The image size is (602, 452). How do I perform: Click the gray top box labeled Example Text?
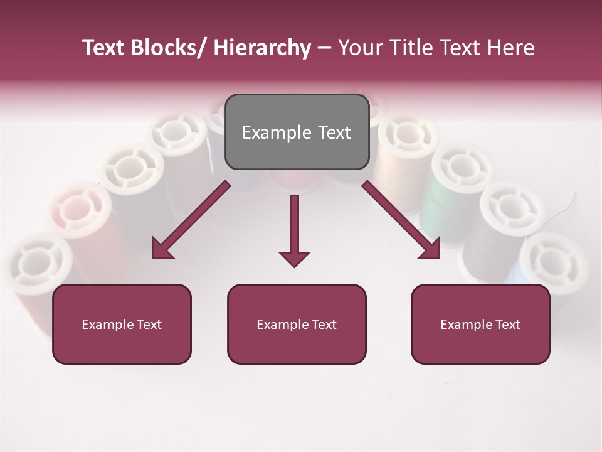pos(297,132)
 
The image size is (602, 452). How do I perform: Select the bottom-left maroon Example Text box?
pos(122,324)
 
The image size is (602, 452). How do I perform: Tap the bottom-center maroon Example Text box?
pos(297,324)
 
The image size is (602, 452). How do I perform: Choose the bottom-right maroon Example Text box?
pos(480,324)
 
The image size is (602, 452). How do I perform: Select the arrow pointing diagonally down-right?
pos(402,220)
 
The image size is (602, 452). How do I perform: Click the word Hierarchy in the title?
pos(261,48)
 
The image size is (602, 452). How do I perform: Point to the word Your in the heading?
pos(359,48)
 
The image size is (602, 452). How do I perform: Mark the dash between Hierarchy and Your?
pos(324,48)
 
